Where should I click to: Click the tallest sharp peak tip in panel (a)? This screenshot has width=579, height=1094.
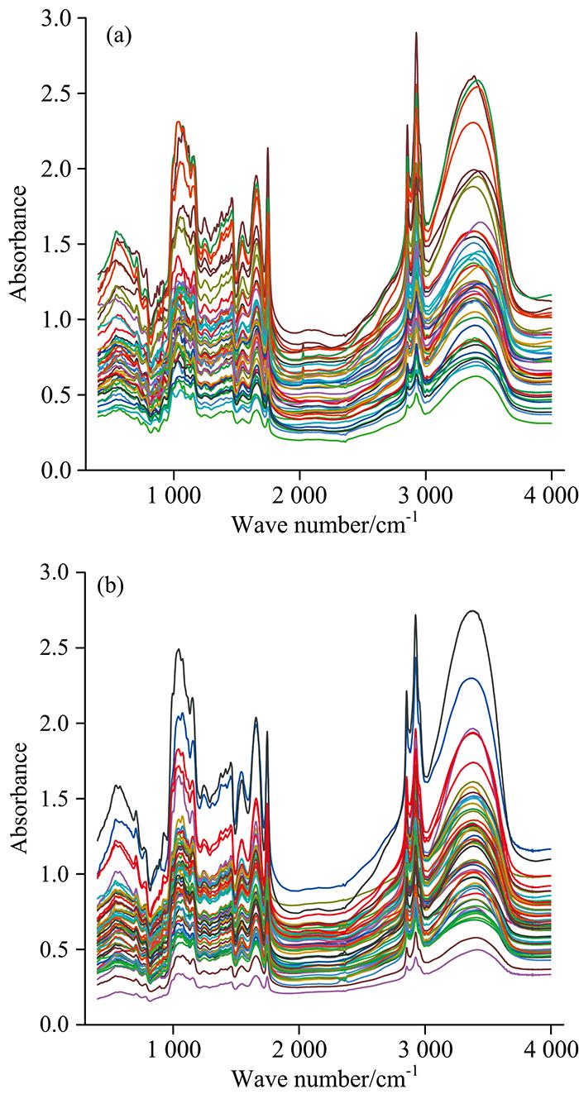click(x=416, y=33)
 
